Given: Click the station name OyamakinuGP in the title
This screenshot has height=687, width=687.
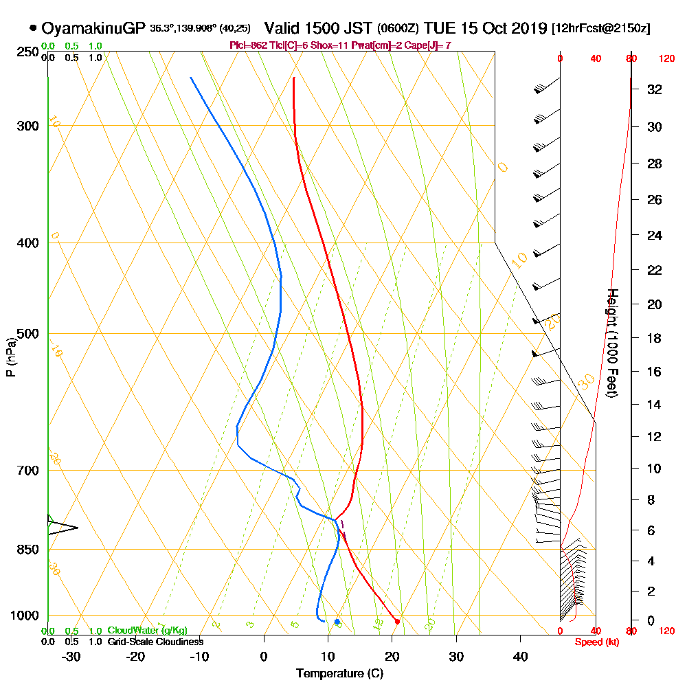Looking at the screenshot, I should [93, 28].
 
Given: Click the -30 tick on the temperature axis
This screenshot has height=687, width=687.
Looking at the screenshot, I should [71, 656].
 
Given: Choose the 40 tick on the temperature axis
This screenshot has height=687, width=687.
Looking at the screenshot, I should [520, 656].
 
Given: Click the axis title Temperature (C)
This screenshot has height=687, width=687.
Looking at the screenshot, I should [339, 674].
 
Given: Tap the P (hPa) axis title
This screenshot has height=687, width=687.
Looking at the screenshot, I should [10, 357].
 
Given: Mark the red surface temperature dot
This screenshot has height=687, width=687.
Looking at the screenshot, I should [397, 621].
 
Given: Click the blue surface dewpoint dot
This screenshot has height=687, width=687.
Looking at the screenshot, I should [337, 621].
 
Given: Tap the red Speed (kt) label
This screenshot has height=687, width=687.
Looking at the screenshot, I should [595, 642].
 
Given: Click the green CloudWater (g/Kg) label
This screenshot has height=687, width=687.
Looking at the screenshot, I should [147, 631].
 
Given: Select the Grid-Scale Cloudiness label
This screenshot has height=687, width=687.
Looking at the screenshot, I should [155, 642].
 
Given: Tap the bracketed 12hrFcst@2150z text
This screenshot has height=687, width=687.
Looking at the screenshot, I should [601, 29].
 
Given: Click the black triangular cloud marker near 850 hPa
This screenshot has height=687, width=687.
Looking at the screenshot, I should [62, 527].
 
